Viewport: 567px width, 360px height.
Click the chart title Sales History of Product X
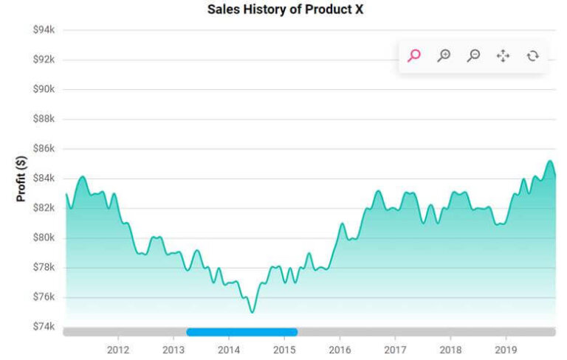pyautogui.click(x=285, y=10)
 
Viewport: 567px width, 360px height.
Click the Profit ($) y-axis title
pyautogui.click(x=21, y=178)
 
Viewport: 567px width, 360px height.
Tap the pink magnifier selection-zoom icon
pyautogui.click(x=414, y=55)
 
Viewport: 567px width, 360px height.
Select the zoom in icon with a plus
pyautogui.click(x=444, y=55)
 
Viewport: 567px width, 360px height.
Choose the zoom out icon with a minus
pyautogui.click(x=474, y=55)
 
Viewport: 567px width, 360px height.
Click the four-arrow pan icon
pyautogui.click(x=504, y=55)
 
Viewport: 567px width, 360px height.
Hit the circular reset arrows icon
pyautogui.click(x=533, y=55)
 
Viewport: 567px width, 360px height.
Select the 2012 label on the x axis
pyautogui.click(x=117, y=349)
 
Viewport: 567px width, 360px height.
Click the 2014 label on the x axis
pyautogui.click(x=229, y=349)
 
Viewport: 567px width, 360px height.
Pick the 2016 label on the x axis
pyautogui.click(x=340, y=349)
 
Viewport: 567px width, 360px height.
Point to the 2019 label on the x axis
pyautogui.click(x=506, y=349)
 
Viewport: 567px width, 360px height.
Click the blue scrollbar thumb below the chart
pyautogui.click(x=242, y=332)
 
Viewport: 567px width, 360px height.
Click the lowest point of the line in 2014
pyautogui.click(x=252, y=313)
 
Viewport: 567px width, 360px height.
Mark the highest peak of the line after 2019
pyautogui.click(x=549, y=161)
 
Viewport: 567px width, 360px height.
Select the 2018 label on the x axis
pyautogui.click(x=450, y=349)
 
